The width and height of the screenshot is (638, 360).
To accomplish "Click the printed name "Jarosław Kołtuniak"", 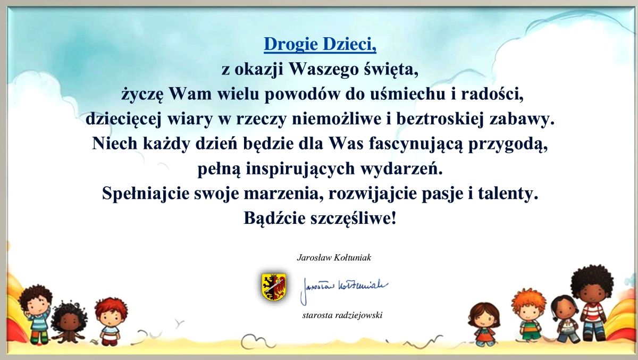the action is tap(334, 258).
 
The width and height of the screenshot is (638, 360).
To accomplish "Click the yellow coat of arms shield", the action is tap(274, 287).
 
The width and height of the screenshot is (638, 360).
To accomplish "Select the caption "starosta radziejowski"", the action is tap(342, 315).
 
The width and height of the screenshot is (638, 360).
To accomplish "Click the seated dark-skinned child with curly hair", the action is tap(69, 322).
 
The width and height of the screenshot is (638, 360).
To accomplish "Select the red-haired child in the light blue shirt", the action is tap(111, 321).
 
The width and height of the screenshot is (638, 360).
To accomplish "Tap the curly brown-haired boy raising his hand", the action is tap(35, 313).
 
